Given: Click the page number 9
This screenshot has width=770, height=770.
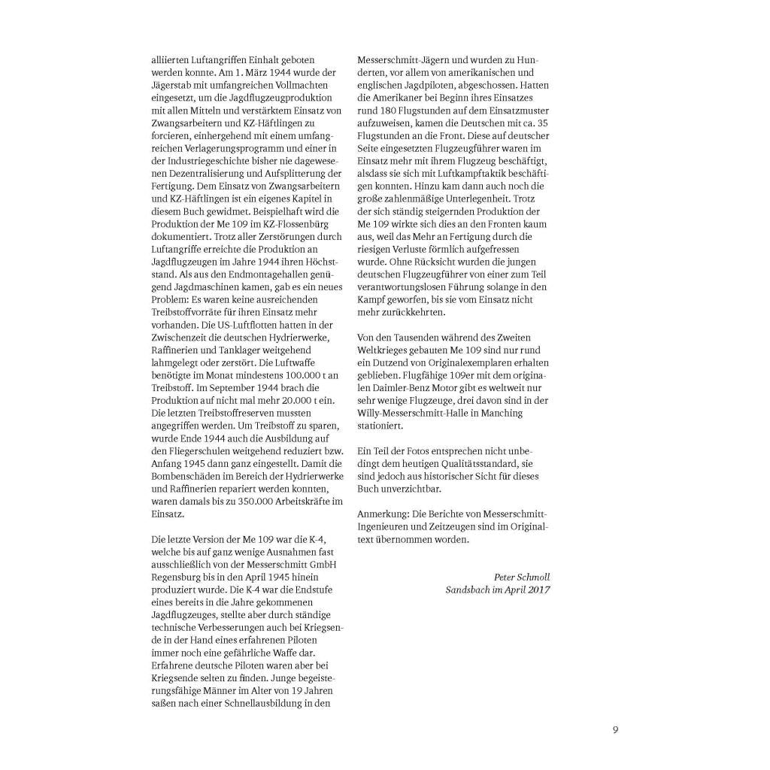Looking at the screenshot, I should [615, 729].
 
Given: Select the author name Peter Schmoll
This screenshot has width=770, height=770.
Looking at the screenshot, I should [522, 577].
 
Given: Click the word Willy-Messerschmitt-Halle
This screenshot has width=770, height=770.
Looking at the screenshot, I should [420, 413].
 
